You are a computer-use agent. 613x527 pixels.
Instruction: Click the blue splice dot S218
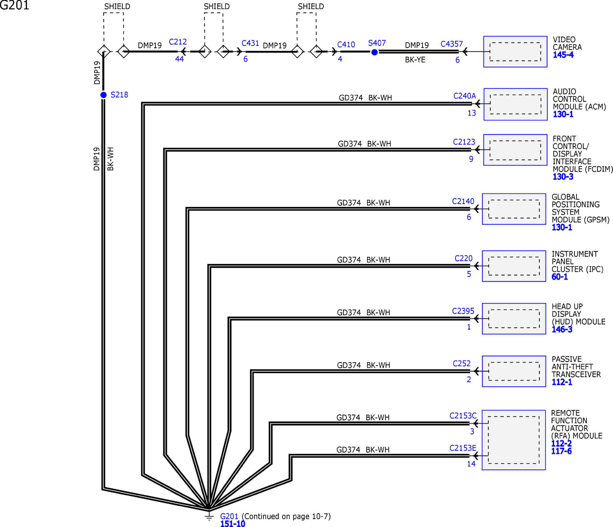[x=103, y=95]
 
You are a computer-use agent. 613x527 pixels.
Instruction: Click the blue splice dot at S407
[x=374, y=52]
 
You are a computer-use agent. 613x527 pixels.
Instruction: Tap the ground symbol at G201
[x=209, y=516]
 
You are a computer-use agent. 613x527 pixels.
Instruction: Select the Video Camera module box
[x=515, y=52]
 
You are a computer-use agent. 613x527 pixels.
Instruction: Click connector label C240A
[x=464, y=96]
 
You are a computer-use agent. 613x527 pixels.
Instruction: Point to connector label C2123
[x=464, y=142]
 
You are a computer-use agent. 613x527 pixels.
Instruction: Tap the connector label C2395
[x=463, y=311]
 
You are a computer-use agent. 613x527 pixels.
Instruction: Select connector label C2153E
[x=463, y=448]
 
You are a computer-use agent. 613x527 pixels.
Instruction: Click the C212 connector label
[x=178, y=42]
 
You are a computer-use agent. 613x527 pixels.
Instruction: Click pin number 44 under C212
[x=179, y=59]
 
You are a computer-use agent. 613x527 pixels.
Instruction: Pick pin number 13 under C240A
[x=472, y=113]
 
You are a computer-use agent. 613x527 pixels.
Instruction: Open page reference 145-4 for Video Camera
[x=563, y=55]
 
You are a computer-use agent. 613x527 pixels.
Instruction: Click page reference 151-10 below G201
[x=233, y=524]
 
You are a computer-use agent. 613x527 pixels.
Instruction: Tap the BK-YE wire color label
[x=415, y=60]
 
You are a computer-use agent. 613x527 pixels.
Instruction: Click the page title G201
[x=14, y=5]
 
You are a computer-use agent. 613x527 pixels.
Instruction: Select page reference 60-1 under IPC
[x=559, y=277]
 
